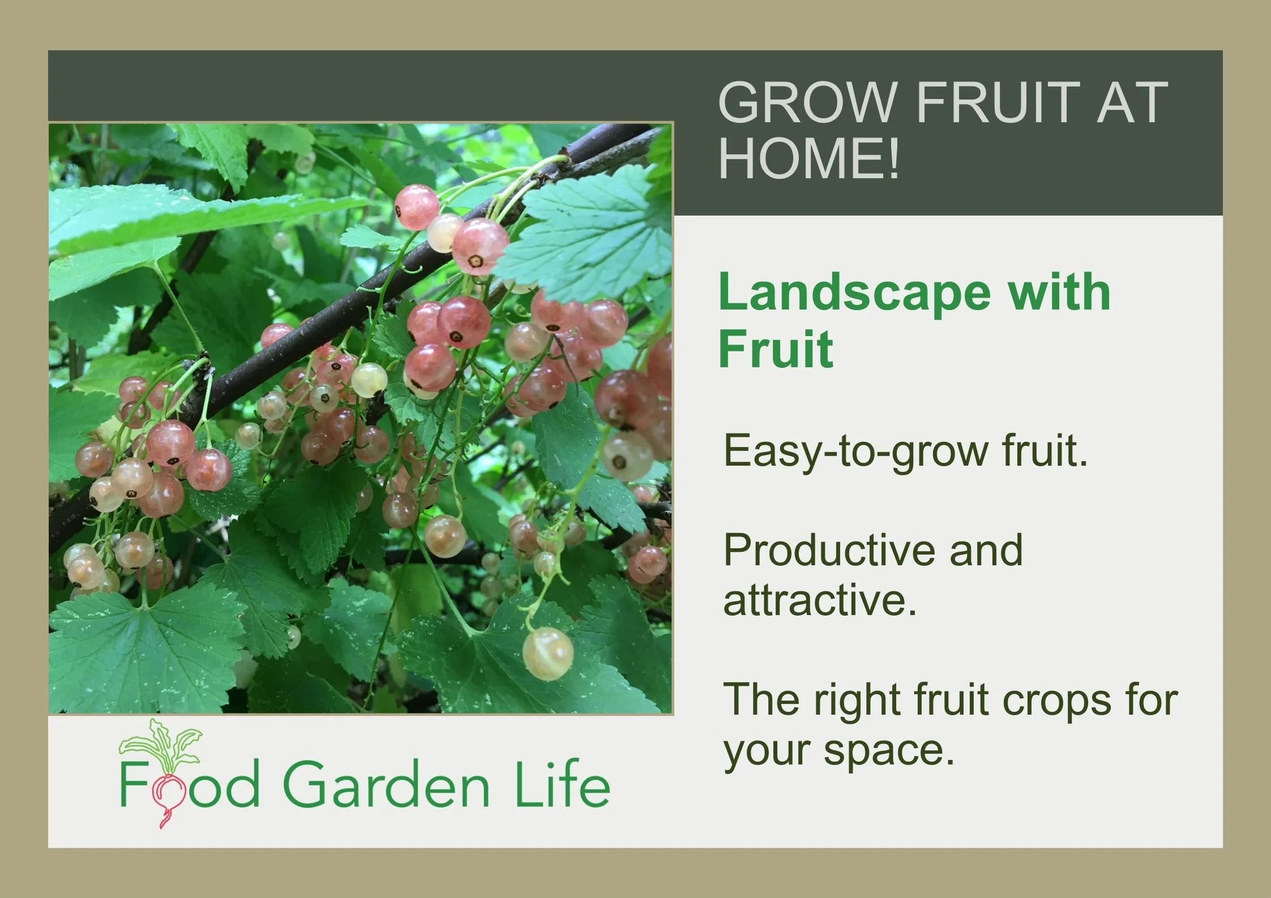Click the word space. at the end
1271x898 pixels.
(x=889, y=751)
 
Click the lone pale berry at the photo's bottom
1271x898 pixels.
(x=547, y=654)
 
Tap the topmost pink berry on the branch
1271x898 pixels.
(x=417, y=207)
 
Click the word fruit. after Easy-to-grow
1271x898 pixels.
(x=1045, y=451)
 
